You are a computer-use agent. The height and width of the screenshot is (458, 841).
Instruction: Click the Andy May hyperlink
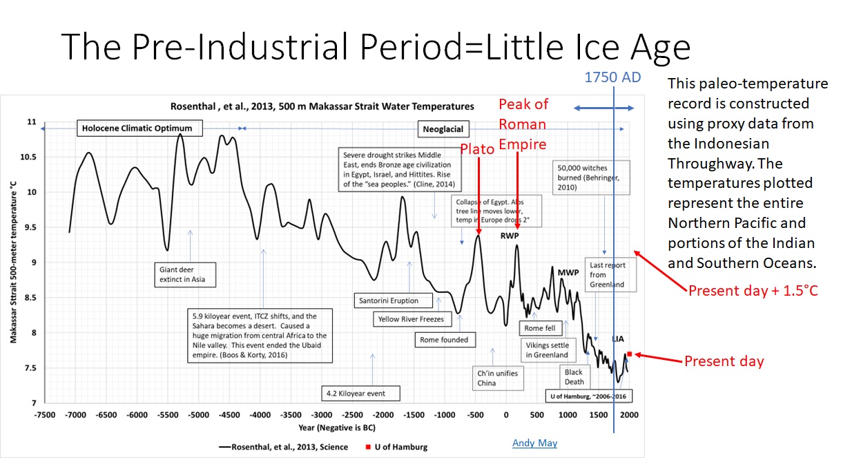[534, 443]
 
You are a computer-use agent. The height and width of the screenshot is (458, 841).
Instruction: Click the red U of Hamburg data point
[629, 354]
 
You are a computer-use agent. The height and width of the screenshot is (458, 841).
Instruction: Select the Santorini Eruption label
[388, 301]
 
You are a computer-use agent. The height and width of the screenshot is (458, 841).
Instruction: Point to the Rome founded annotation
[444, 340]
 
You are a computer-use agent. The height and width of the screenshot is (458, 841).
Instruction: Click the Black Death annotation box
[574, 377]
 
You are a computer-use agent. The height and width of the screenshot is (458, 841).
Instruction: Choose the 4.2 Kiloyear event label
[356, 394]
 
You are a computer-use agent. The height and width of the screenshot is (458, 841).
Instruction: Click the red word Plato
[478, 149]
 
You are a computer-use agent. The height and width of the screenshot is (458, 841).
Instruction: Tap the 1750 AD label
[613, 77]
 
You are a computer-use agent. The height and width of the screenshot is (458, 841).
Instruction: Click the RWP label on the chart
[510, 236]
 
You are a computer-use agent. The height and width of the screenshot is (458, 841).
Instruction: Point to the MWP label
[568, 272]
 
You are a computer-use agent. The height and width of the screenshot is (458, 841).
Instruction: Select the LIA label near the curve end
[619, 339]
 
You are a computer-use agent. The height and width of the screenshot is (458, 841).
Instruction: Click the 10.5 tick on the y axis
[28, 157]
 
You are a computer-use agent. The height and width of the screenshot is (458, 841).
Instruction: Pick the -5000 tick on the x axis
[199, 414]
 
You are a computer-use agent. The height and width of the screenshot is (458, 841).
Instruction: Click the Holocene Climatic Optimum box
[137, 128]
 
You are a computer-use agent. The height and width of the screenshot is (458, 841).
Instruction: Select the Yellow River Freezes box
[410, 319]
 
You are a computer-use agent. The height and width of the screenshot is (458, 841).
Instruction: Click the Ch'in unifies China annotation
[497, 378]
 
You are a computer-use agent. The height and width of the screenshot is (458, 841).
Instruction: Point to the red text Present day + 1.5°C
[752, 291]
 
